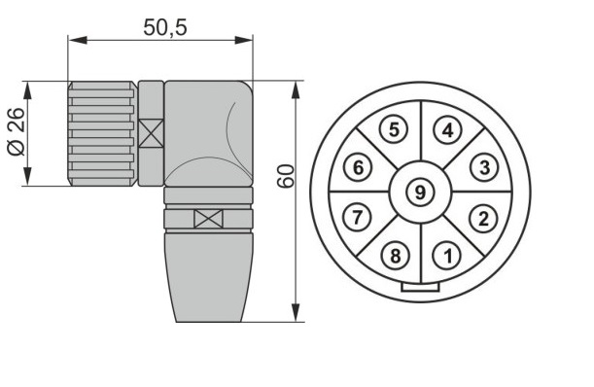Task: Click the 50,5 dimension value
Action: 165,27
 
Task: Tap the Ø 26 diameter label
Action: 17,131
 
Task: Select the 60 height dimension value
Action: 286,176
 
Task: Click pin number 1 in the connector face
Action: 448,256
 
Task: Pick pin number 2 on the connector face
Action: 483,219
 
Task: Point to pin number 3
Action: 484,167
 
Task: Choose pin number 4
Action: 448,130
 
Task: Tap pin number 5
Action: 394,129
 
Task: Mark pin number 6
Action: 358,167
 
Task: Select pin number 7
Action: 357,217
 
